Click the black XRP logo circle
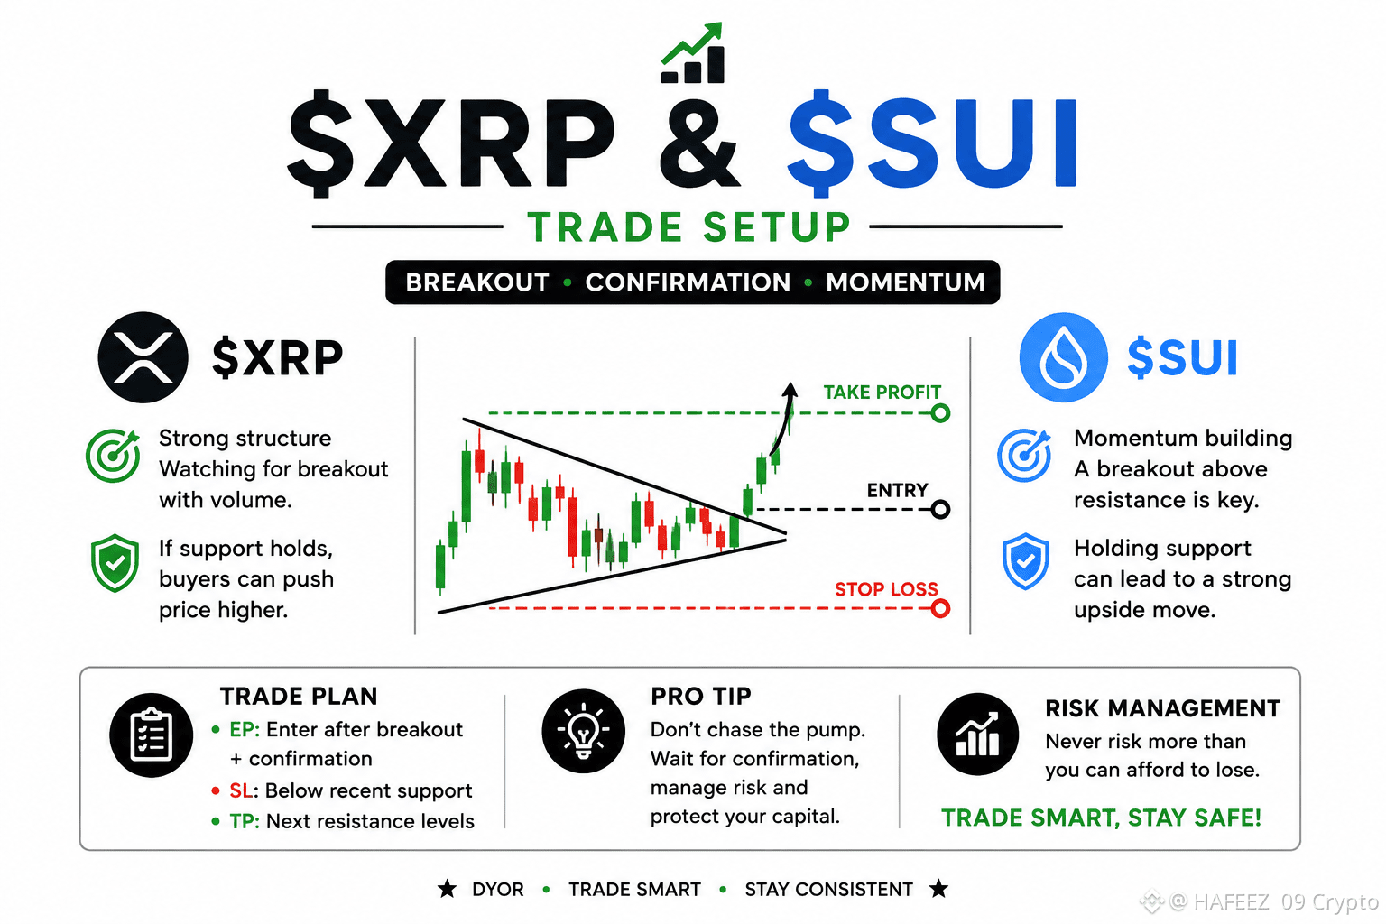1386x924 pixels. tap(143, 357)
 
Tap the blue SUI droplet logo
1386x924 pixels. tap(1064, 357)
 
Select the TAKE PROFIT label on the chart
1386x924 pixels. tap(882, 393)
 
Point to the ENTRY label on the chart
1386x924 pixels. tap(897, 490)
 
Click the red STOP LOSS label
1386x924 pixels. tap(886, 588)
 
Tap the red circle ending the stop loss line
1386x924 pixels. tap(940, 608)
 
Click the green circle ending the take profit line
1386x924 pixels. tap(940, 412)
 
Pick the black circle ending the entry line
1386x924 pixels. tap(940, 509)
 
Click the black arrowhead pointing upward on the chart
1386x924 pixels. tap(790, 390)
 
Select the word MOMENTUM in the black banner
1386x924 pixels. tap(905, 282)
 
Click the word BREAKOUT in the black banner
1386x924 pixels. tap(477, 282)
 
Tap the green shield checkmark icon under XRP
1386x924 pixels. tap(115, 563)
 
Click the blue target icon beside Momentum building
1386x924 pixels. tap(1024, 456)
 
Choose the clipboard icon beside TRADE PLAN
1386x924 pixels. tap(151, 735)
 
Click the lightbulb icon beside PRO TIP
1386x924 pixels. tap(583, 731)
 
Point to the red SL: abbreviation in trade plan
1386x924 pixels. tap(244, 790)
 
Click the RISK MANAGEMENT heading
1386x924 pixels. tap(1162, 708)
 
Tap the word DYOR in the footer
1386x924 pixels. tap(497, 890)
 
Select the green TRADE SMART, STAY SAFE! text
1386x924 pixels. tap(1101, 818)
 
